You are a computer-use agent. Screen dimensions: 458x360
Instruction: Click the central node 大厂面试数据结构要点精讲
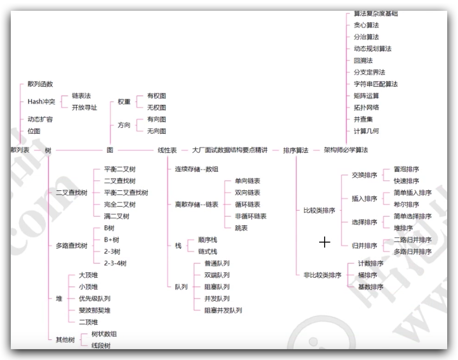(x=230, y=150)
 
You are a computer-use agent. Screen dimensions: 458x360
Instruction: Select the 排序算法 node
(x=295, y=150)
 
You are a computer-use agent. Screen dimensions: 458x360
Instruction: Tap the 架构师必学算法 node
(x=346, y=150)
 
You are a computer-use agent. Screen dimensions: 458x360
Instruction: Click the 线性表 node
(x=167, y=150)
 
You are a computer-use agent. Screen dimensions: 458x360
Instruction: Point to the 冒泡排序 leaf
(x=406, y=169)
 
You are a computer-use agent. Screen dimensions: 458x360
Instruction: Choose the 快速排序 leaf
(x=406, y=181)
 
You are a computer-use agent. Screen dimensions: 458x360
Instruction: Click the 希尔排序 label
(x=406, y=205)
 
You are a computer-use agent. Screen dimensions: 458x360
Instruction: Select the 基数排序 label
(x=371, y=287)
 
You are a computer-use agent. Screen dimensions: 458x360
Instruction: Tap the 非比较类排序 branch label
(x=322, y=275)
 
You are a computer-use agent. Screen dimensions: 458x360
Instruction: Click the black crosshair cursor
(x=325, y=242)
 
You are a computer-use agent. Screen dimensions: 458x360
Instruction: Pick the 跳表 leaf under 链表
(x=241, y=228)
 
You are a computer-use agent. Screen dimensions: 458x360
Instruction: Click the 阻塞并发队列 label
(x=223, y=310)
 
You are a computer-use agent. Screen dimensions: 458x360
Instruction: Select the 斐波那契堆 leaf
(x=95, y=310)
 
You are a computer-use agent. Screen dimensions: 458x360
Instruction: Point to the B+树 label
(x=111, y=239)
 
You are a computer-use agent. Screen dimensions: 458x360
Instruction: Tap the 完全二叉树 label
(x=120, y=204)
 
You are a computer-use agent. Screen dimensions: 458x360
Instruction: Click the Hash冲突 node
(x=41, y=102)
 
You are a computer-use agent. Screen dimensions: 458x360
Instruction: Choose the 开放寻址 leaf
(x=84, y=108)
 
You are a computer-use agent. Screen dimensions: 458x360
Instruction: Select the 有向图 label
(x=157, y=119)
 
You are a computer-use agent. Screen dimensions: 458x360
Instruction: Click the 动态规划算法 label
(x=373, y=49)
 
